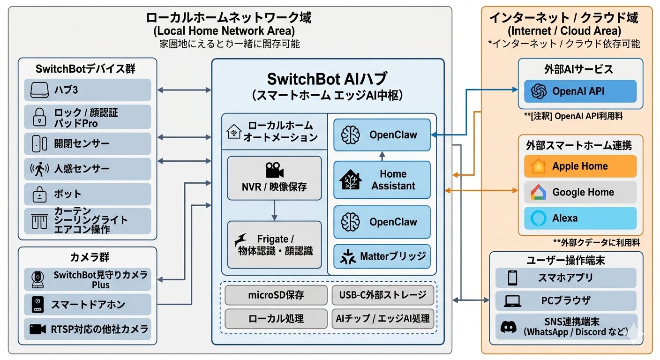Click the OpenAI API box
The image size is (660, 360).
tap(580, 91)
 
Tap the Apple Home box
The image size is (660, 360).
tap(580, 166)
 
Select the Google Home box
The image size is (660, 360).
tap(580, 192)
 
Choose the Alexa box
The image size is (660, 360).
tap(580, 218)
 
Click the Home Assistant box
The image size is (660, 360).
tap(382, 180)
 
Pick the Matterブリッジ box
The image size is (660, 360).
tap(382, 256)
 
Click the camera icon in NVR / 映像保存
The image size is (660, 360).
tap(274, 170)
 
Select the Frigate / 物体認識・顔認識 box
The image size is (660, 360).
tap(274, 245)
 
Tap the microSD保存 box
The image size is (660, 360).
tap(276, 295)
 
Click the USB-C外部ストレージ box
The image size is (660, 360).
tap(382, 295)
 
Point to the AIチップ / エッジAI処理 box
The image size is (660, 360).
tap(382, 319)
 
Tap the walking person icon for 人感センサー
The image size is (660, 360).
tap(39, 169)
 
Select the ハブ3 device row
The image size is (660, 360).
tap(87, 90)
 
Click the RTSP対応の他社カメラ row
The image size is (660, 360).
tap(87, 329)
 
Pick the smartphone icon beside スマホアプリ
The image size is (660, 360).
tap(512, 278)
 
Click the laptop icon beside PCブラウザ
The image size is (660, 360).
tap(512, 301)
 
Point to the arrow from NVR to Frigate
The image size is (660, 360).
tap(274, 210)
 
